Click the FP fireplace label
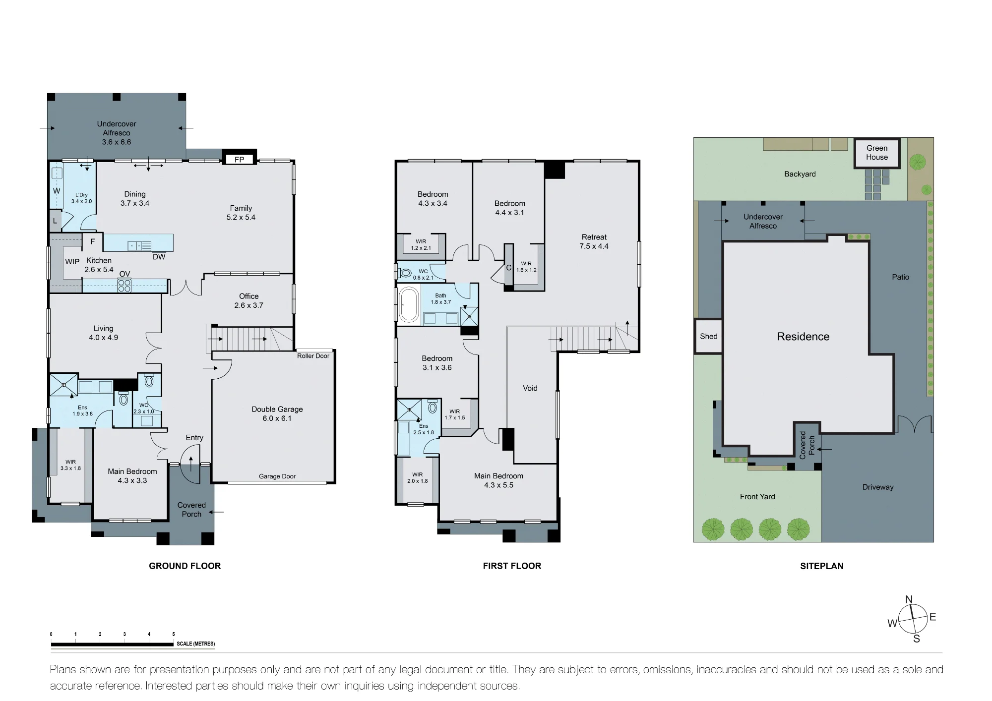[239, 160]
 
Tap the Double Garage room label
[277, 413]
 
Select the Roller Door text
[313, 356]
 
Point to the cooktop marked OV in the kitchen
[124, 286]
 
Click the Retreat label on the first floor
[594, 241]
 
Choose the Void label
[530, 388]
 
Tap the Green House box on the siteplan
[877, 153]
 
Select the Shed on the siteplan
[708, 336]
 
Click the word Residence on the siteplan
[803, 337]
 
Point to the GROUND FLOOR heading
[185, 566]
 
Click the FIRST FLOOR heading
[512, 566]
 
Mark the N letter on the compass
[909, 599]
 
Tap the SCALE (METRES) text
[196, 644]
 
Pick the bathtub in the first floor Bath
[409, 304]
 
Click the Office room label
[249, 301]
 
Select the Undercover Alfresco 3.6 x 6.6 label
[117, 133]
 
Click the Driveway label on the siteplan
[878, 487]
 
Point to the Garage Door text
[277, 476]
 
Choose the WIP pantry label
[72, 262]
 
